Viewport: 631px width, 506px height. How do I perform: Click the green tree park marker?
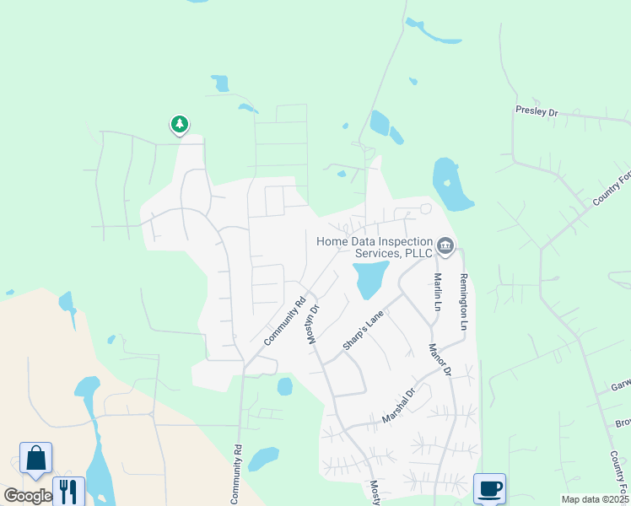point(179,125)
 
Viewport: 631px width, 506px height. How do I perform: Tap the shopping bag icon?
point(36,458)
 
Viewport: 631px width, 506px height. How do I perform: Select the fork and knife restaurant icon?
point(68,491)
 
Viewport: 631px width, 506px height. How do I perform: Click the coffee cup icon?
point(489,487)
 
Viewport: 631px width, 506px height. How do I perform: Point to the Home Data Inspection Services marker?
point(445,247)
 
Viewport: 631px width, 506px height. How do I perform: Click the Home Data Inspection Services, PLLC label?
point(374,247)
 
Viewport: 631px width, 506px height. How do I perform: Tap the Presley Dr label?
point(537,110)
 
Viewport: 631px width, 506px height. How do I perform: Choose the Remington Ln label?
point(463,301)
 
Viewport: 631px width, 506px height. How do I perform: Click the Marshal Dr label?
point(399,406)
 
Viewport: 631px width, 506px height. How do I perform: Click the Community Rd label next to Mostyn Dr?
point(284,321)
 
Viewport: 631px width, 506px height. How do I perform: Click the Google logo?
point(27,496)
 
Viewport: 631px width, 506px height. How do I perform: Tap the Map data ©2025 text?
point(595,499)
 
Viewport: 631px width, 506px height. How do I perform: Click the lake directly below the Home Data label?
point(369,278)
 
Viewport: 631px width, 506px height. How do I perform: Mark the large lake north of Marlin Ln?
point(450,184)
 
